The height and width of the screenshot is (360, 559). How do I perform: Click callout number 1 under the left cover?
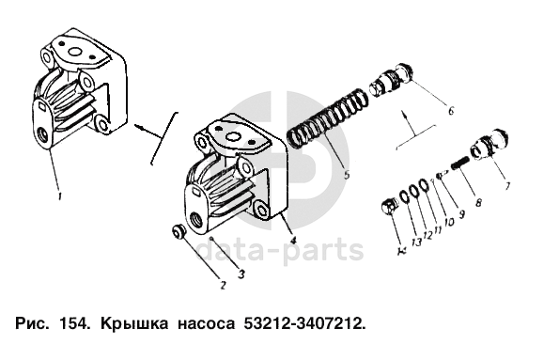(x=59, y=196)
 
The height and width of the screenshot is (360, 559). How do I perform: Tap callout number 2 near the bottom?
(x=223, y=285)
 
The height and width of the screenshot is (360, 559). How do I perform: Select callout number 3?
(x=241, y=274)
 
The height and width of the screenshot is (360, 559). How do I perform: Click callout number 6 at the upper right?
(x=451, y=111)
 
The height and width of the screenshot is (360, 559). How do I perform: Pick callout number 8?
(x=479, y=202)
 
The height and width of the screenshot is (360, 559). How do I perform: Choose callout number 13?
(x=415, y=242)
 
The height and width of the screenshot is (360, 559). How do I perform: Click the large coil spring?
(x=328, y=118)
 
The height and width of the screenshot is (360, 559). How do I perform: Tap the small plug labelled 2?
(x=178, y=231)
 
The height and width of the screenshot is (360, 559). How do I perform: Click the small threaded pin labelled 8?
(x=460, y=163)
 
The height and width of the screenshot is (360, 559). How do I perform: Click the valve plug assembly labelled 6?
(x=391, y=79)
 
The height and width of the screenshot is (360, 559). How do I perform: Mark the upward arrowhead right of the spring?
(x=404, y=114)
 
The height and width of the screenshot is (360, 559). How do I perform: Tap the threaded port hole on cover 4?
(x=196, y=218)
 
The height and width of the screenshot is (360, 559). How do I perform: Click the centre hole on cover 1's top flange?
(x=74, y=52)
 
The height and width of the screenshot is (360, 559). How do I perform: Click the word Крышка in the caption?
(x=134, y=324)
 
